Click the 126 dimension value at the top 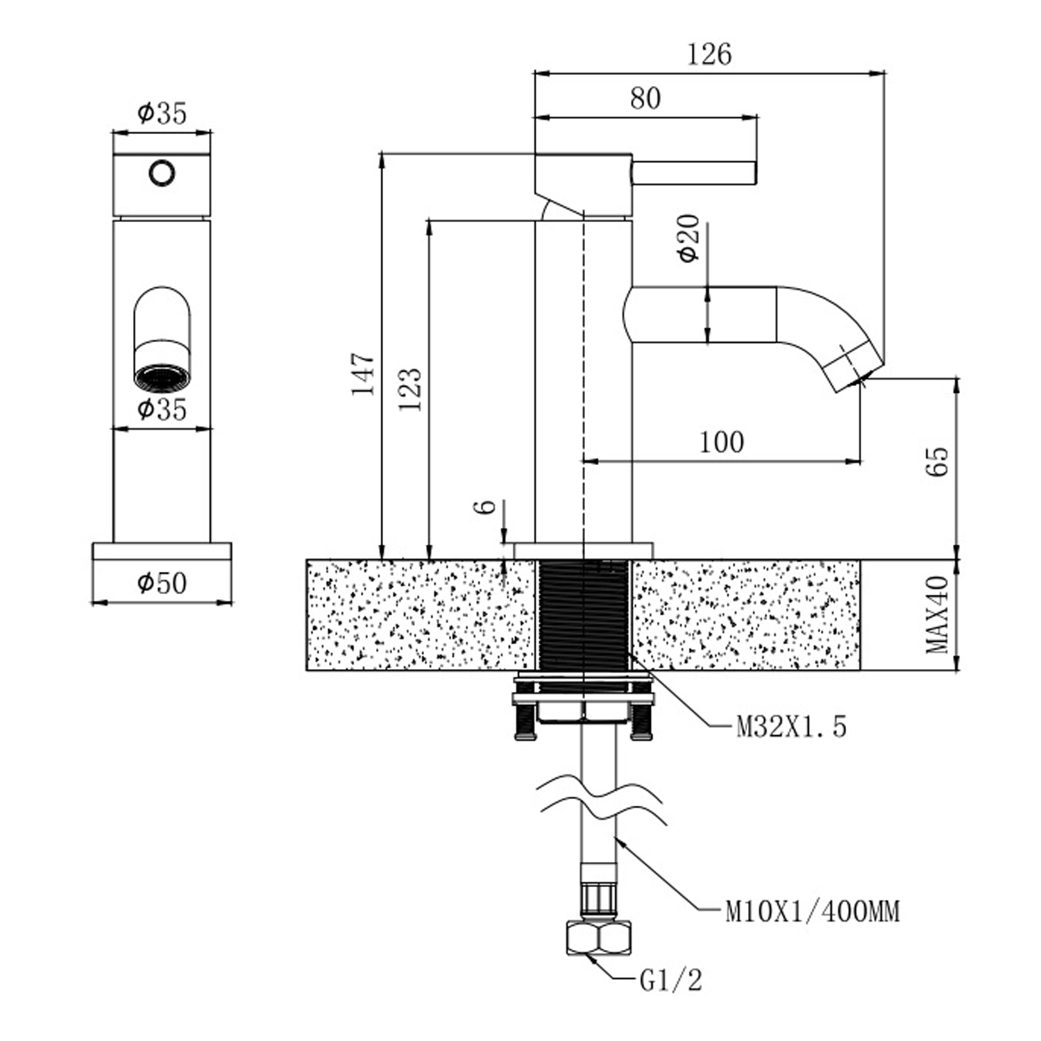click(709, 54)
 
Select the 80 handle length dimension click(645, 99)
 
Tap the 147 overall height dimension click(363, 374)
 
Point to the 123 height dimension click(410, 389)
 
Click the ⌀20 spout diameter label click(689, 239)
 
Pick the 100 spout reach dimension click(721, 442)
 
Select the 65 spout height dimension click(937, 461)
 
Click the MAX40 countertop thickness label click(938, 614)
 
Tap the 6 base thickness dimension click(488, 506)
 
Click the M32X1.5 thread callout click(791, 727)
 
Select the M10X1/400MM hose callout click(812, 911)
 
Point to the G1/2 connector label click(670, 981)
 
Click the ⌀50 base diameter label click(162, 583)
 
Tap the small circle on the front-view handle click(162, 173)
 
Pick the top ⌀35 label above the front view click(162, 112)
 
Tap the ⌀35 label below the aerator click(162, 409)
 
